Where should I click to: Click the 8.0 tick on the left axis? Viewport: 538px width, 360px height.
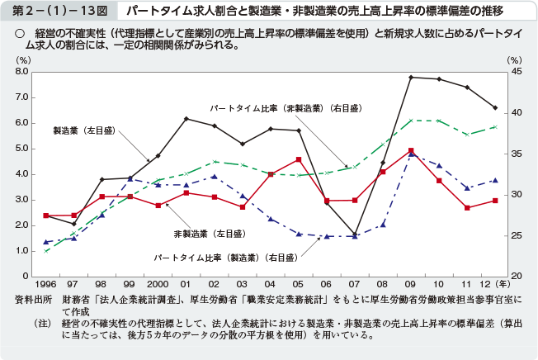click(x=22, y=72)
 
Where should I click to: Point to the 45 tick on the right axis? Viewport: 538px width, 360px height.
click(x=516, y=72)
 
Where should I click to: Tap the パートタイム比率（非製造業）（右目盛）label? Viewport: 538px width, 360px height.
click(x=269, y=108)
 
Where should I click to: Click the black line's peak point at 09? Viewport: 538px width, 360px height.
click(x=411, y=77)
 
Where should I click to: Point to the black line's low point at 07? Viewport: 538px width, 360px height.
click(x=355, y=234)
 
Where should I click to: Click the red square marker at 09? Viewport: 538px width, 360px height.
click(x=411, y=150)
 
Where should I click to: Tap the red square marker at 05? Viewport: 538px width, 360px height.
click(x=299, y=159)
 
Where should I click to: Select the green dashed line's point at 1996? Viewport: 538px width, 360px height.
click(x=46, y=251)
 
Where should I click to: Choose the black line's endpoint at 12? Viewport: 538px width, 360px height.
click(x=495, y=107)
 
